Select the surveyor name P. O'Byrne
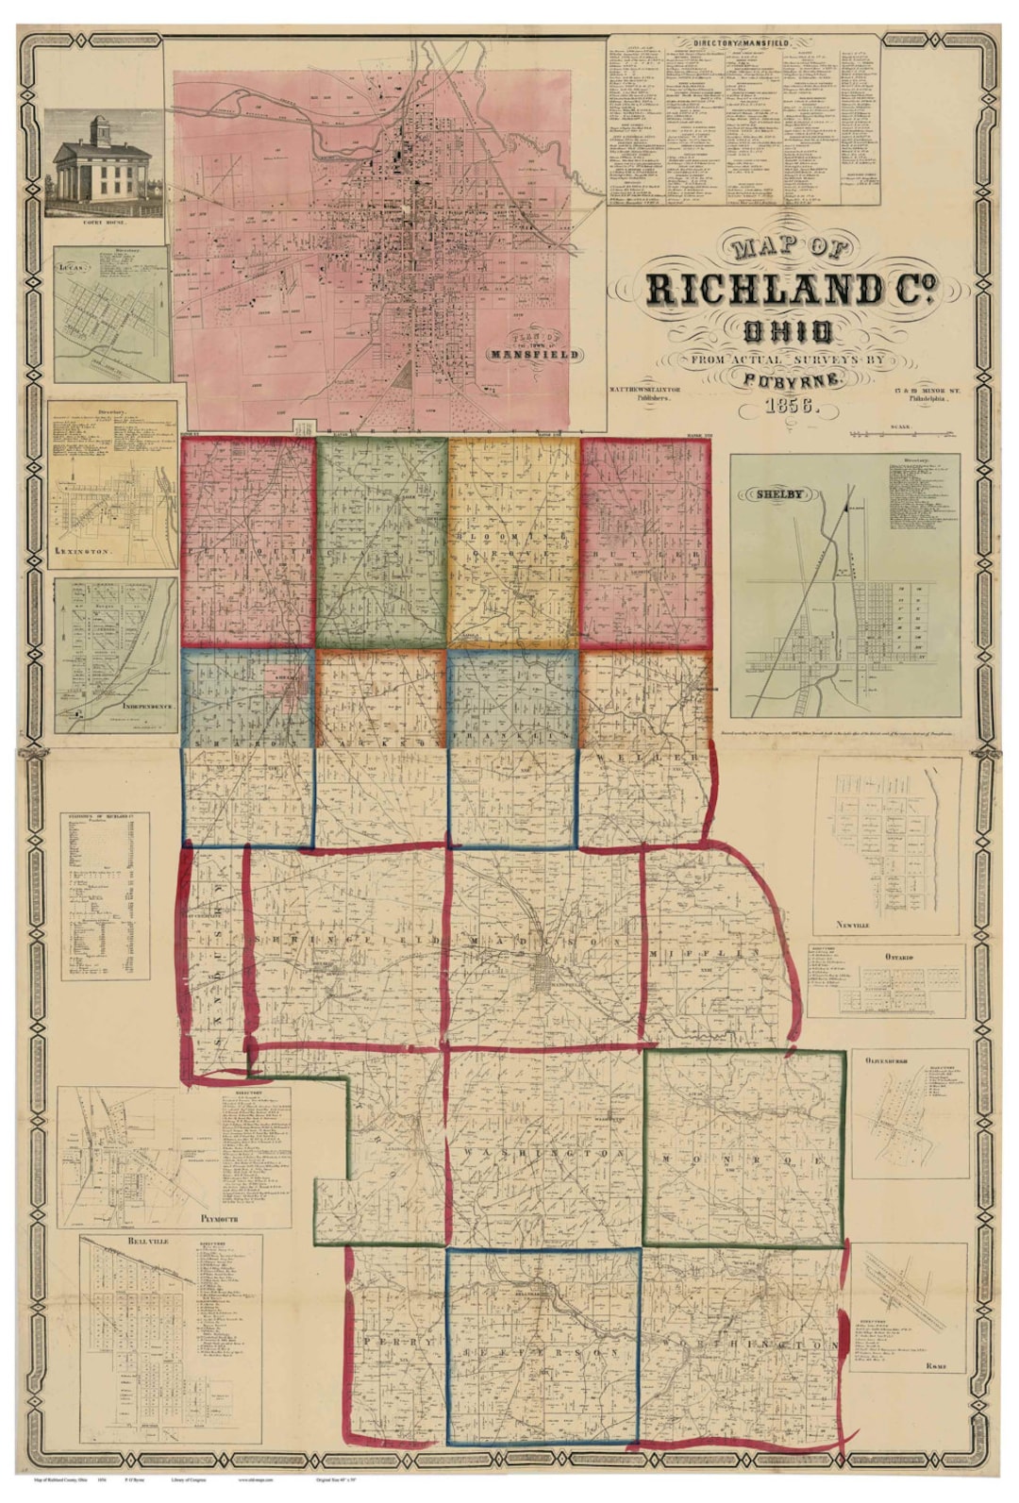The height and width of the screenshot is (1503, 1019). [790, 379]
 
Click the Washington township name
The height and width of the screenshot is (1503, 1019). [543, 1154]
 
